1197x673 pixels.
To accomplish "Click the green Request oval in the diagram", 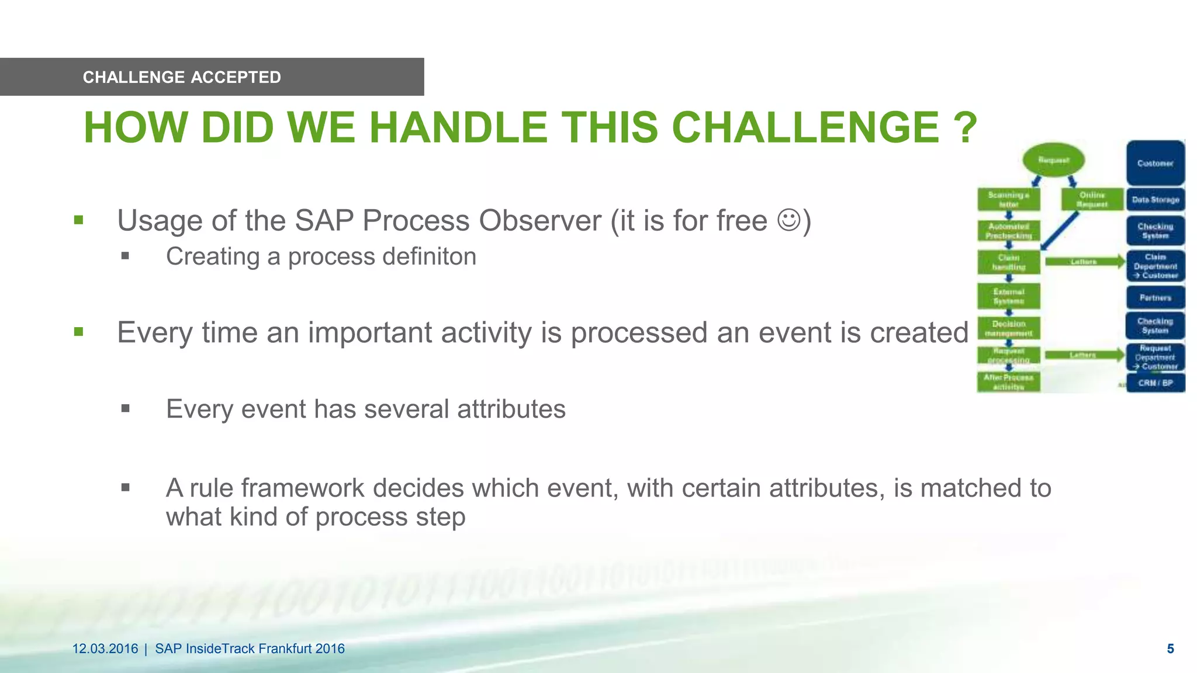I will tap(1053, 160).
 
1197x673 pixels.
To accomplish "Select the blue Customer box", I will tap(1155, 163).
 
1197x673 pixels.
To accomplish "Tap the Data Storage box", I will tap(1155, 199).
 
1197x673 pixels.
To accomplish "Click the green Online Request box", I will tap(1092, 199).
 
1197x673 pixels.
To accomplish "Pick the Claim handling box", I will tap(1008, 262).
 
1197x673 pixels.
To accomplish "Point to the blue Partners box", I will tap(1155, 297).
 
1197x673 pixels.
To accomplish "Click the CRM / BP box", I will tap(1155, 383).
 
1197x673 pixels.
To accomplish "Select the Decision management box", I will tap(1008, 328).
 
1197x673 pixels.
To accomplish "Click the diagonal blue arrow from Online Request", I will tap(1059, 230).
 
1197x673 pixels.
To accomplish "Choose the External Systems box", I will tap(1008, 296).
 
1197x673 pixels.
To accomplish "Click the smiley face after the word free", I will tap(788, 220).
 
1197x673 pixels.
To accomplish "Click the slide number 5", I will tap(1170, 648).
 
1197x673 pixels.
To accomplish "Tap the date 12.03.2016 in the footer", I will tap(105, 648).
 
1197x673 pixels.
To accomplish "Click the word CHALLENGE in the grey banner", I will tap(134, 77).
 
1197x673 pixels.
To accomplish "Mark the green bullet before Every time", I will tap(79, 332).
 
